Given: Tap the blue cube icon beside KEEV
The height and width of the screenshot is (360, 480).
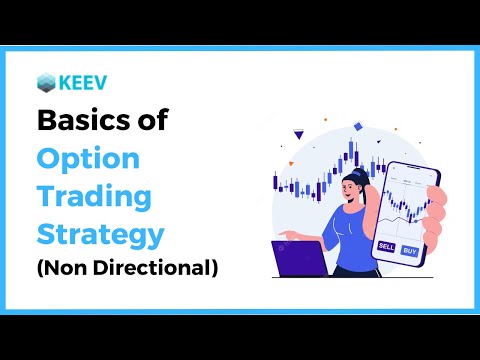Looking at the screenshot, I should (x=46, y=82).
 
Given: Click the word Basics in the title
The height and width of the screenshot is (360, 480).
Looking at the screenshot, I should (x=81, y=122).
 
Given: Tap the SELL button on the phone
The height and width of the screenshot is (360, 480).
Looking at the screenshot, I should (x=386, y=246).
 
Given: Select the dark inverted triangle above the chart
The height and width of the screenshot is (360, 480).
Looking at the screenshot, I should (x=299, y=133).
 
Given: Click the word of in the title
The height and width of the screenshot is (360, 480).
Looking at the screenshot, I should (x=148, y=122).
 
